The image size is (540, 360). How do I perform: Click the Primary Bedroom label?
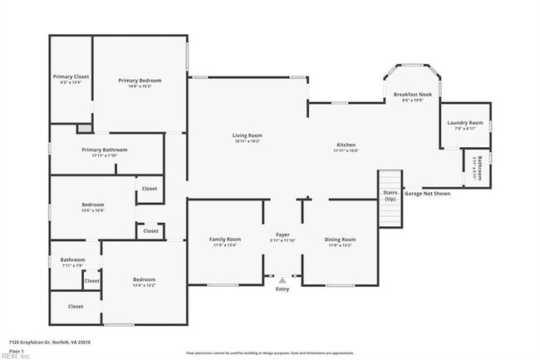click(140, 81)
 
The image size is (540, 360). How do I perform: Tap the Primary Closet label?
click(71, 76)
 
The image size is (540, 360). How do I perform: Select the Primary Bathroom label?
click(105, 150)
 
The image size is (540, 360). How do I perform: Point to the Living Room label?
click(247, 136)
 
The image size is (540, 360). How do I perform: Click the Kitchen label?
click(346, 145)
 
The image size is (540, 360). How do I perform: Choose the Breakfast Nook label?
click(412, 95)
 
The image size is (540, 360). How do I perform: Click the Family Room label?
click(223, 239)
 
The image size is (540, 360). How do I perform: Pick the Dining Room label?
click(340, 239)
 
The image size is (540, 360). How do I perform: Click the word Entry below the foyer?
click(282, 288)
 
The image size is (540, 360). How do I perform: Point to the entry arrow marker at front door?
click(282, 280)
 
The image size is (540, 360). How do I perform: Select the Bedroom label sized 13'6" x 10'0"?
click(92, 205)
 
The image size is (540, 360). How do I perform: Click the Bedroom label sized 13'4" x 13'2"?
click(145, 279)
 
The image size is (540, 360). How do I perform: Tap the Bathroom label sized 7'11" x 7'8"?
click(72, 259)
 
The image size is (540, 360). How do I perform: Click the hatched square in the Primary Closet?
click(83, 129)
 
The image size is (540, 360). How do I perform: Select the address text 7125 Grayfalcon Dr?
click(38, 342)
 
